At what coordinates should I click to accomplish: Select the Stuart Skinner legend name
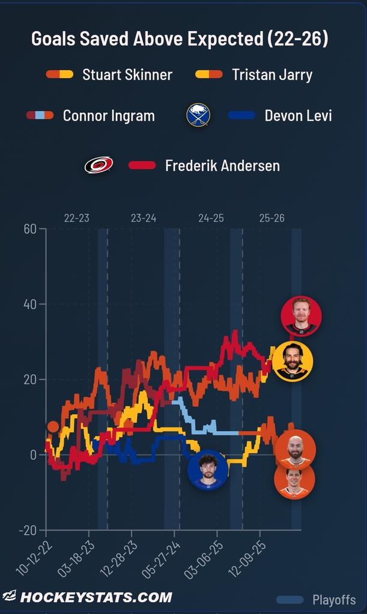coord(127,74)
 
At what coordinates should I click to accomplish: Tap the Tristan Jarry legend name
coord(272,74)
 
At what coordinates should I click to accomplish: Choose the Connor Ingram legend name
coord(109,116)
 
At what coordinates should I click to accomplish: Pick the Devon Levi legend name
coord(299,116)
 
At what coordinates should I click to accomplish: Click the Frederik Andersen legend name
coord(223,165)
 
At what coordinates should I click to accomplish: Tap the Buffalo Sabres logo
coord(198,115)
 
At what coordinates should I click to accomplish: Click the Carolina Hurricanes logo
coord(99,165)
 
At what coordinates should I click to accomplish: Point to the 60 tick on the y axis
coord(30,228)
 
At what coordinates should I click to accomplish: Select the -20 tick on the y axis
coord(28,530)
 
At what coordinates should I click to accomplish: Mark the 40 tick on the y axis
coord(30,304)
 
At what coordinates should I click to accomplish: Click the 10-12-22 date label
coord(34,558)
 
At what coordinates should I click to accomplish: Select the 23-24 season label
coord(144,218)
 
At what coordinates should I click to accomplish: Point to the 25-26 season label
coord(271,218)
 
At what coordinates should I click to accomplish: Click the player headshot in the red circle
coord(301,316)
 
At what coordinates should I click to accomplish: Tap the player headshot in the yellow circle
coord(292,361)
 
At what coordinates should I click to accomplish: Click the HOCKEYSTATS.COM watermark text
coord(96,597)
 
